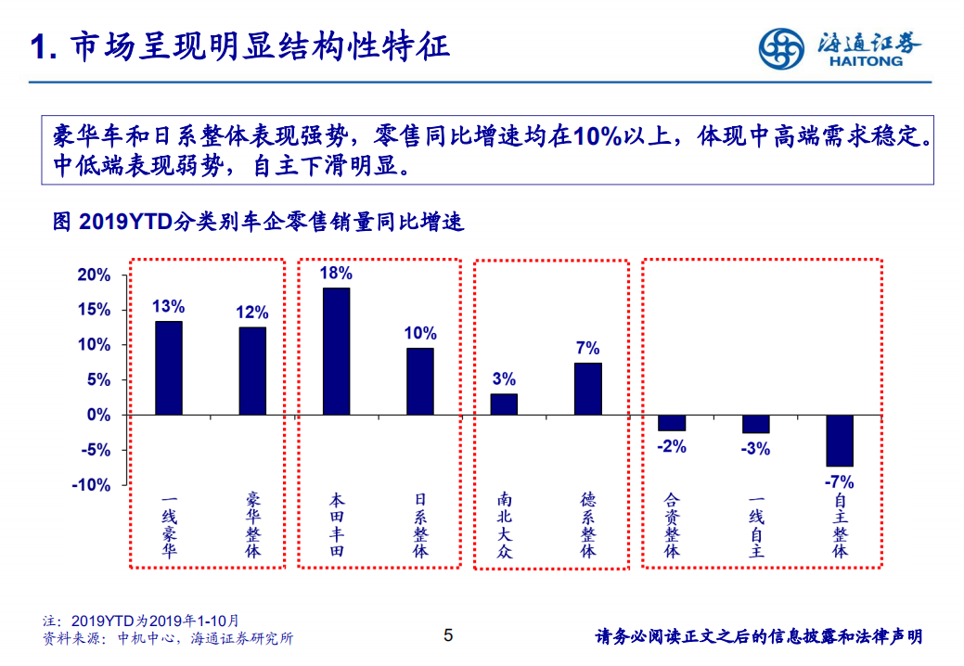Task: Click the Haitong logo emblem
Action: click(781, 49)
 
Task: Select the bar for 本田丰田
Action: click(336, 352)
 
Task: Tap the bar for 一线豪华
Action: click(169, 368)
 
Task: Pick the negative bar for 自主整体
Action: click(840, 441)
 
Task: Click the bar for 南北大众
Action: click(504, 404)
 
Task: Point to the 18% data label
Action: click(336, 273)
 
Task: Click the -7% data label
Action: click(840, 481)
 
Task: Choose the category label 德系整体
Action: click(588, 524)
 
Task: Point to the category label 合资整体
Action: click(672, 524)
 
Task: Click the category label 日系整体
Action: click(420, 524)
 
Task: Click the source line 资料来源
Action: click(168, 638)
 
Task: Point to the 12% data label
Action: click(252, 312)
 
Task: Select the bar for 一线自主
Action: click(756, 424)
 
